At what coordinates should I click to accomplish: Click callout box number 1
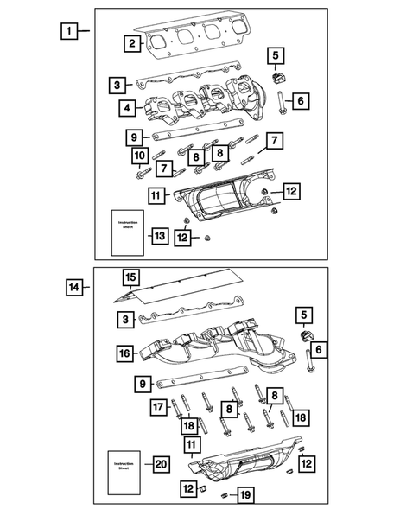tap(67, 31)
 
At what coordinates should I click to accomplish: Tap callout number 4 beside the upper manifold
tap(128, 109)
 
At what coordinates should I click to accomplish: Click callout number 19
tap(245, 494)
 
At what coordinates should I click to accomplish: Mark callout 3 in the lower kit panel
tap(128, 321)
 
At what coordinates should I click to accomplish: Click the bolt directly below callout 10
tap(139, 175)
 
